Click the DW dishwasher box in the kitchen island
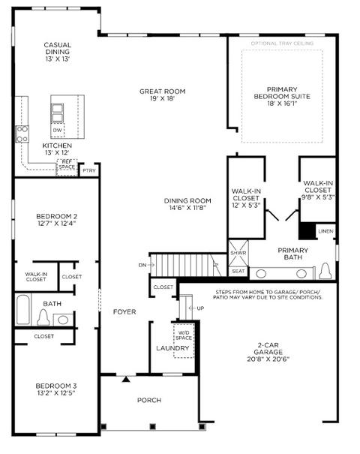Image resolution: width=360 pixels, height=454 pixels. pyautogui.click(x=58, y=131)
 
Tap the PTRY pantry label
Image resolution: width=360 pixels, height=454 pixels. pyautogui.click(x=88, y=170)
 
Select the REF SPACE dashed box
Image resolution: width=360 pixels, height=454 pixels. pyautogui.click(x=67, y=167)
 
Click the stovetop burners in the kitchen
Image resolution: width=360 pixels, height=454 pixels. pyautogui.click(x=22, y=134)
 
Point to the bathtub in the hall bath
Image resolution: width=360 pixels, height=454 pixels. pyautogui.click(x=23, y=309)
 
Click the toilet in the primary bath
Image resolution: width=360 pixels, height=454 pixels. pyautogui.click(x=325, y=272)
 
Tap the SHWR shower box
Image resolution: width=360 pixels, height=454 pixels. pyautogui.click(x=238, y=253)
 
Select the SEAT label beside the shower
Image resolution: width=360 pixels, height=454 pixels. pyautogui.click(x=238, y=272)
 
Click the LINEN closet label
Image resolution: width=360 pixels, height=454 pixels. pyautogui.click(x=325, y=231)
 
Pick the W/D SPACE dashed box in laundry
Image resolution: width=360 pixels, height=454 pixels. pyautogui.click(x=184, y=341)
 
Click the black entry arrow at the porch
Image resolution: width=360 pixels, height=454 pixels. pyautogui.click(x=126, y=379)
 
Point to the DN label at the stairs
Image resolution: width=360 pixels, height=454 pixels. pyautogui.click(x=142, y=265)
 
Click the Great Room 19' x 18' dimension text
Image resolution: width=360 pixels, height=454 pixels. pyautogui.click(x=162, y=98)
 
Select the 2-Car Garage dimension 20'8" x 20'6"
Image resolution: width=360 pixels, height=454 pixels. pyautogui.click(x=268, y=359)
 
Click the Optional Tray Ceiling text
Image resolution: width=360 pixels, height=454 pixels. pyautogui.click(x=282, y=44)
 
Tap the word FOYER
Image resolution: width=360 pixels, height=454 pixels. pyautogui.click(x=124, y=312)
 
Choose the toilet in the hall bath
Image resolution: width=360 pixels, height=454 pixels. pyautogui.click(x=43, y=317)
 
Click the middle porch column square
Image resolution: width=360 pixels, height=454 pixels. pyautogui.click(x=153, y=426)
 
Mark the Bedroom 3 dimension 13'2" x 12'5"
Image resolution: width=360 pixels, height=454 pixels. pyautogui.click(x=56, y=393)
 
